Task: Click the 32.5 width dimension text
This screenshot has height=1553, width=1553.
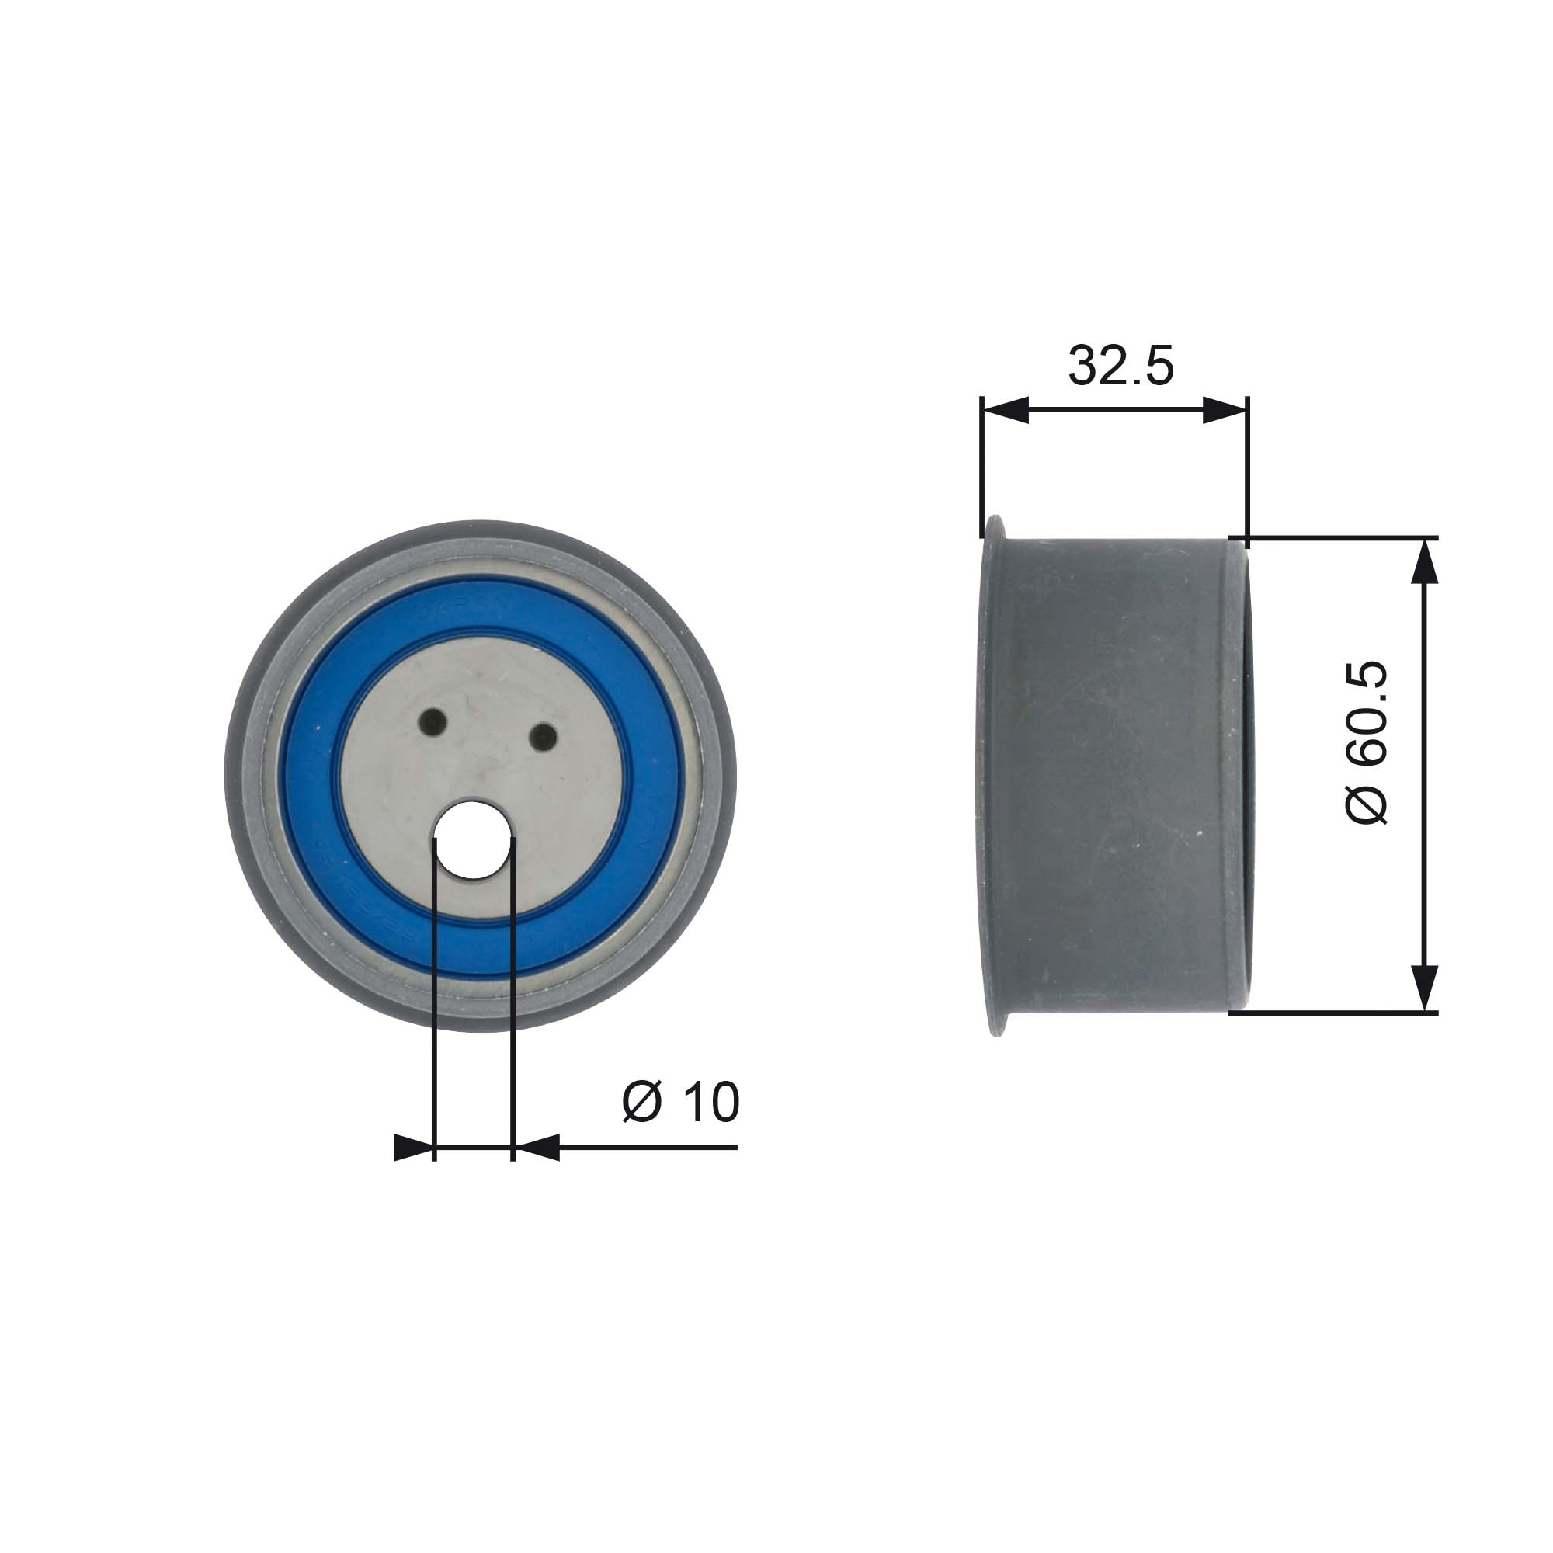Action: click(1120, 366)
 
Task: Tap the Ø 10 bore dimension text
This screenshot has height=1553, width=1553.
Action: click(680, 1102)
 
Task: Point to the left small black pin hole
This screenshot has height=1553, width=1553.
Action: click(433, 721)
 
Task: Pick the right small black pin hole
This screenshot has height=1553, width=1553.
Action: click(544, 735)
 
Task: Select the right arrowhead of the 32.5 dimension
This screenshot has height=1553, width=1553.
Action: click(1225, 410)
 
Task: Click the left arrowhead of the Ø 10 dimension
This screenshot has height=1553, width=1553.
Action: click(413, 1148)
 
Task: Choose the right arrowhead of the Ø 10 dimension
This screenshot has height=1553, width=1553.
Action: click(534, 1148)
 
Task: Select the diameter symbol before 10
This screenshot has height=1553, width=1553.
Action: click(641, 1103)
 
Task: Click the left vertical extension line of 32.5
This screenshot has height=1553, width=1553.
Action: click(982, 458)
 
